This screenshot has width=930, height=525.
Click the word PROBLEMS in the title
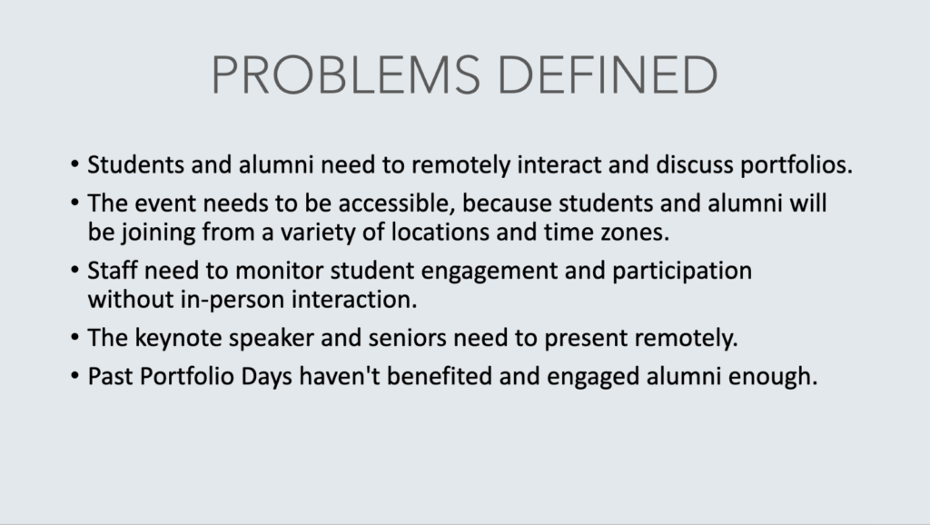click(346, 74)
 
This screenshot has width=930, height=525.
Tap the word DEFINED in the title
click(608, 74)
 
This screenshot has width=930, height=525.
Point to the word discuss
click(695, 164)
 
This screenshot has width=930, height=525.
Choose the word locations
click(440, 232)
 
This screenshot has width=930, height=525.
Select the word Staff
click(113, 271)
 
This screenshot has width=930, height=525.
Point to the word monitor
click(280, 271)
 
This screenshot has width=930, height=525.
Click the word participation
click(682, 271)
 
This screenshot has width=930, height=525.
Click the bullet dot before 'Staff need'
click(74, 271)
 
